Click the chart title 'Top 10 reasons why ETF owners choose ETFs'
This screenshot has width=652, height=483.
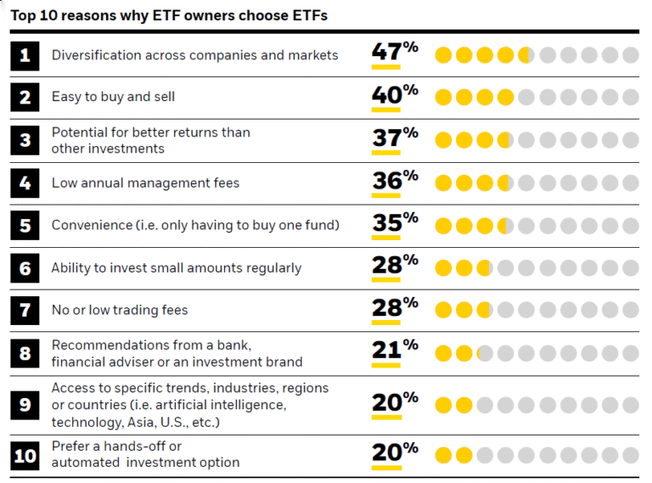[169, 15]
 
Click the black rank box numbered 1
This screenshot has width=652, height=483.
[25, 55]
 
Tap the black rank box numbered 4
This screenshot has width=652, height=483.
[25, 183]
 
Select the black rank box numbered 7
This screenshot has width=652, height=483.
[25, 310]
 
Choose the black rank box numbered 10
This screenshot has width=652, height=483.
[25, 455]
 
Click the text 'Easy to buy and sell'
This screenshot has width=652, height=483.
[113, 97]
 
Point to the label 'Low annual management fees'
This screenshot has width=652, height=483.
[145, 183]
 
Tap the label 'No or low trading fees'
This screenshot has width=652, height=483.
[120, 310]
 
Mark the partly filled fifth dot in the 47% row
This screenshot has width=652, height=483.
[526, 55]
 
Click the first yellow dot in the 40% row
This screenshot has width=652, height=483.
[443, 97]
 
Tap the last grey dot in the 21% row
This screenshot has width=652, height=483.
[630, 352]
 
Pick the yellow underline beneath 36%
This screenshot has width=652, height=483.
[385, 196]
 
